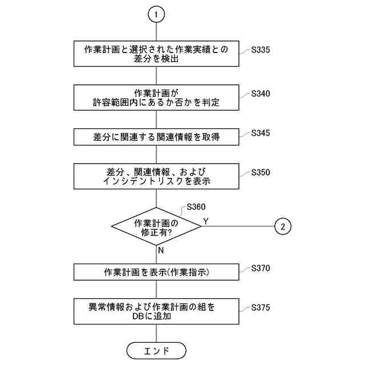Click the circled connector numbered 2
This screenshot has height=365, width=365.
point(283,226)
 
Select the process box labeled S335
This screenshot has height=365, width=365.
point(156,54)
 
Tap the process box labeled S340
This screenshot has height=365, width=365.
point(156,98)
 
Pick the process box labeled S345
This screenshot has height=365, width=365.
point(156,137)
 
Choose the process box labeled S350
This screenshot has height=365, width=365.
point(156,176)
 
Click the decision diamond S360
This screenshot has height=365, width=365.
point(156,226)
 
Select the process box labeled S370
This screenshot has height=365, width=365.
point(156,272)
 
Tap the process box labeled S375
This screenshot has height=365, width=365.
point(156,311)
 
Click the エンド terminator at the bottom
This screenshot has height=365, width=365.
point(156,349)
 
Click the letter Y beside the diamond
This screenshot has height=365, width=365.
point(206,220)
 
